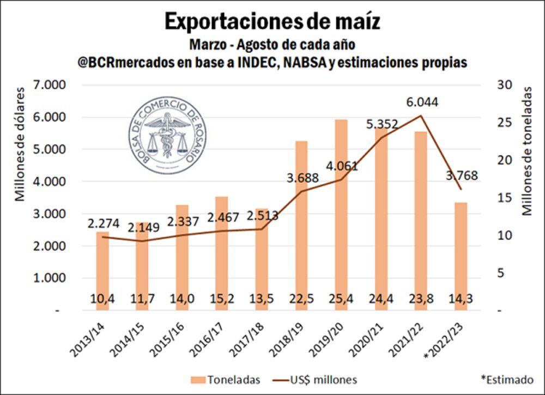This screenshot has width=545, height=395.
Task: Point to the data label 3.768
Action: tap(461, 175)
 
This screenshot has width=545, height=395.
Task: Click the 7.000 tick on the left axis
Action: tap(49, 85)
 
